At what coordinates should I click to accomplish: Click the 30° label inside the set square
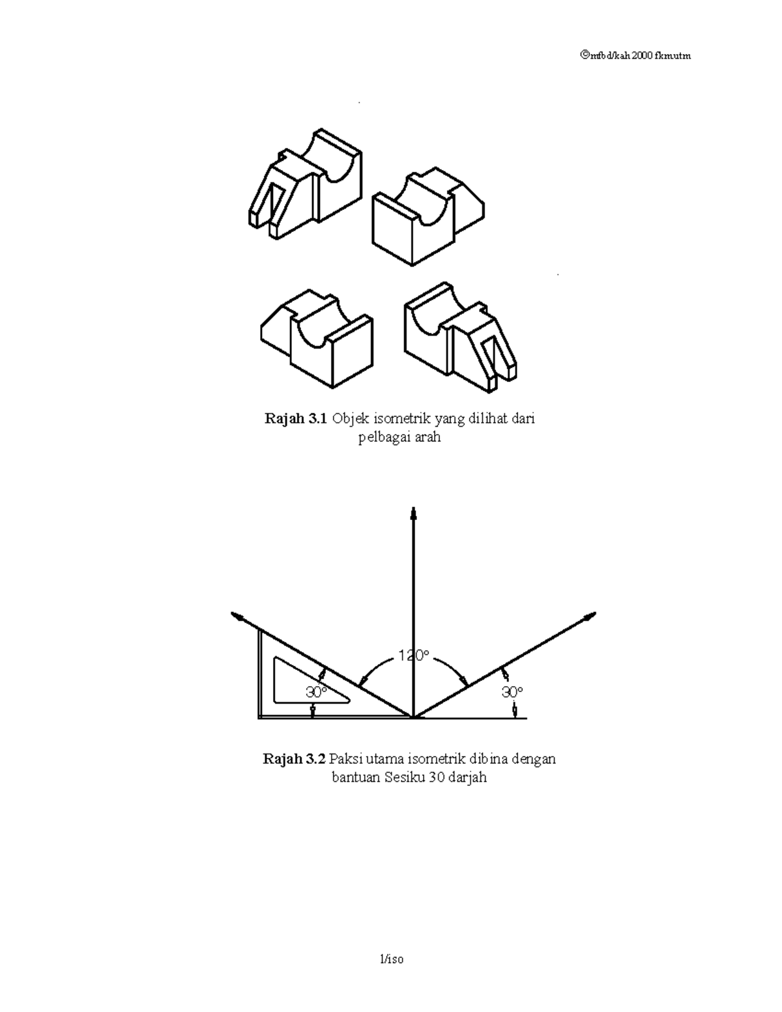(316, 692)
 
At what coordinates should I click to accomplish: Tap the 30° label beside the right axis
(512, 691)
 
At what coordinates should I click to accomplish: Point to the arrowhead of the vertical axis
(413, 512)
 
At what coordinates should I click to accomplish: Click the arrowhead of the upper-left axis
(238, 616)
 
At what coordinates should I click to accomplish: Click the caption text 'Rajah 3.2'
(293, 759)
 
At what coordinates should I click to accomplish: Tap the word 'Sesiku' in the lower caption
(405, 777)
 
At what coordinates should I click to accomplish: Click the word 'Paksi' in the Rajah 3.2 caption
(345, 759)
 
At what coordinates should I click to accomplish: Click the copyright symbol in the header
(583, 55)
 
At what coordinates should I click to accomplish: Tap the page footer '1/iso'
(392, 959)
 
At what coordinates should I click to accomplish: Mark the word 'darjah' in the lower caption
(467, 777)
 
